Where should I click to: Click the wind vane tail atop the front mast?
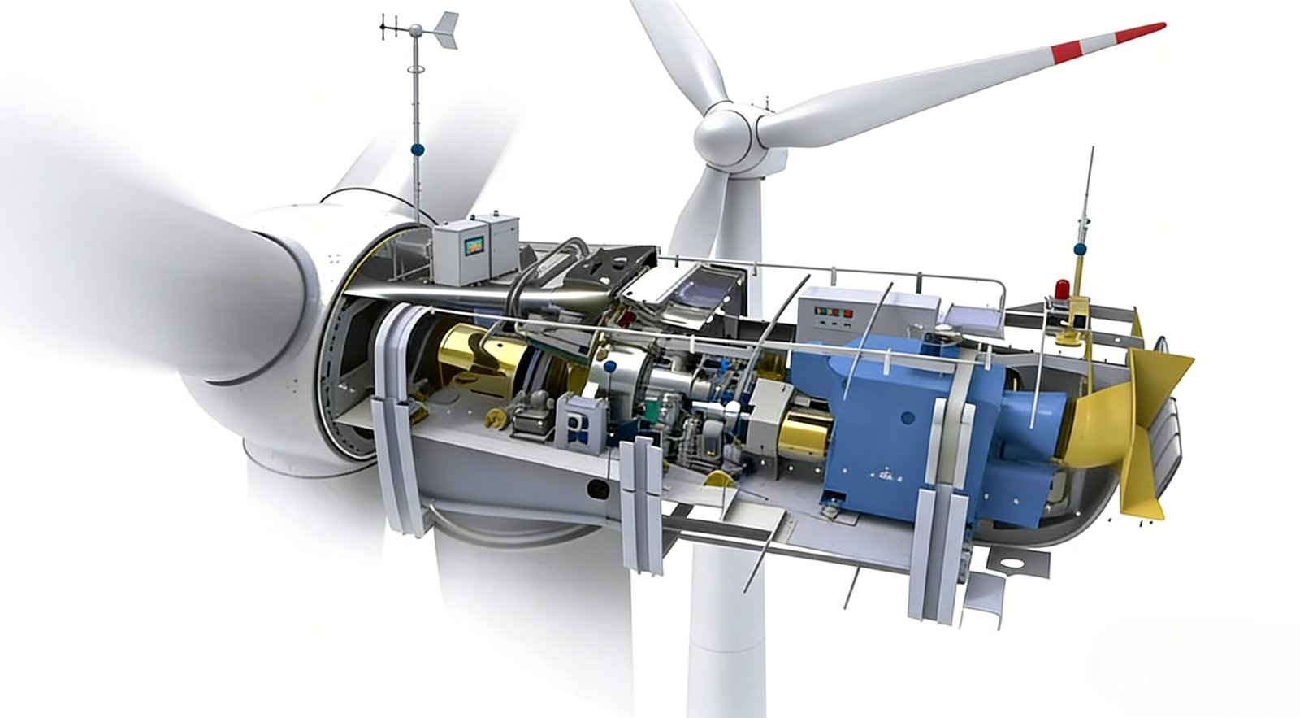click(x=444, y=31)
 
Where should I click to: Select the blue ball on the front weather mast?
click(x=418, y=149)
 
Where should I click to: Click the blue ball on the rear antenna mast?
click(x=1080, y=249)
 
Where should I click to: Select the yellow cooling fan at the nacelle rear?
click(x=1137, y=423)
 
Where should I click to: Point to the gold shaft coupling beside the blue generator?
click(x=804, y=429)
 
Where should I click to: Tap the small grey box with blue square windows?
click(x=583, y=424)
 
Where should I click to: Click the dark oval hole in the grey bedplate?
click(x=597, y=488)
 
